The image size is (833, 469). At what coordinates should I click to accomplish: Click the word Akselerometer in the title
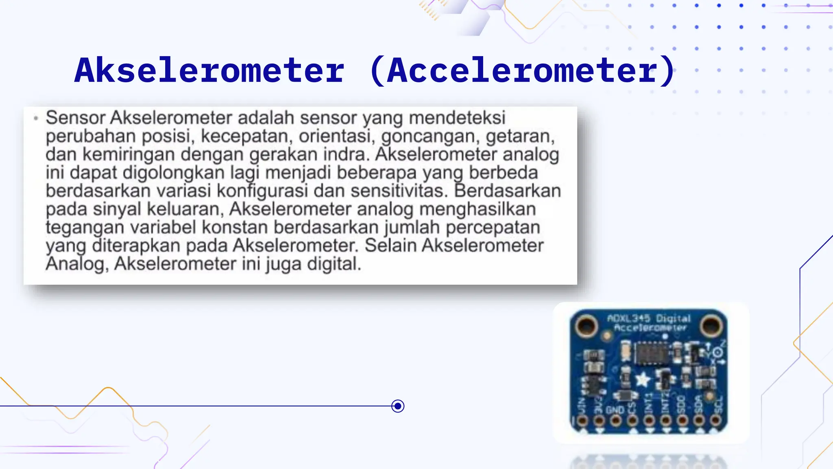[x=209, y=70]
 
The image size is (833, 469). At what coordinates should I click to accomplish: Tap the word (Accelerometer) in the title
[x=523, y=70]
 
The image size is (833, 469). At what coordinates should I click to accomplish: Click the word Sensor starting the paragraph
[x=76, y=118]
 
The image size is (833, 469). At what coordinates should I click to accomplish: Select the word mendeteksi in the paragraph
[x=457, y=118]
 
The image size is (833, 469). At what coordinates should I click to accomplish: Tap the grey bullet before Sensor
[x=36, y=118]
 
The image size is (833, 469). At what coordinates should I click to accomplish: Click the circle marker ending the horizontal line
[x=398, y=406]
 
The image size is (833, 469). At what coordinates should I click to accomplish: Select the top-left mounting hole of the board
[x=586, y=325]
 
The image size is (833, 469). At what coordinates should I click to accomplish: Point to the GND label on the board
[x=615, y=409]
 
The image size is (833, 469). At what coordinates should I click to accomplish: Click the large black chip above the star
[x=652, y=353]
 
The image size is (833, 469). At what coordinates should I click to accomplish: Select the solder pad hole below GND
[x=615, y=421]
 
